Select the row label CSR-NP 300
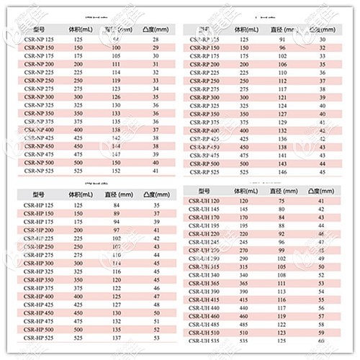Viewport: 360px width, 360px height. click(39, 96)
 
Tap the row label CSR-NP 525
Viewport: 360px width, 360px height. click(39, 171)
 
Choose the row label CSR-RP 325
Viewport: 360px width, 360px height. click(202, 105)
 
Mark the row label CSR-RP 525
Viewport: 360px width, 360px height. click(202, 172)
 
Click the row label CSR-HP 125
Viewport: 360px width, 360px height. click(40, 205)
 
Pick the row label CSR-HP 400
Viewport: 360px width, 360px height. click(40, 296)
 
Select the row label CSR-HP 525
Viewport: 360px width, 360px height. click(40, 338)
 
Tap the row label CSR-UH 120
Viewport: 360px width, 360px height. click(203, 202)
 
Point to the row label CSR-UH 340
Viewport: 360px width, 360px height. click(203, 274)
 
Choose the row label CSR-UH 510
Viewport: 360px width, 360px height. click(203, 333)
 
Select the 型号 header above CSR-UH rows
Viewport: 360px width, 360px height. click(202, 190)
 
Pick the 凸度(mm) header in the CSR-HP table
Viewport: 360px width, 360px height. click(153, 194)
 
